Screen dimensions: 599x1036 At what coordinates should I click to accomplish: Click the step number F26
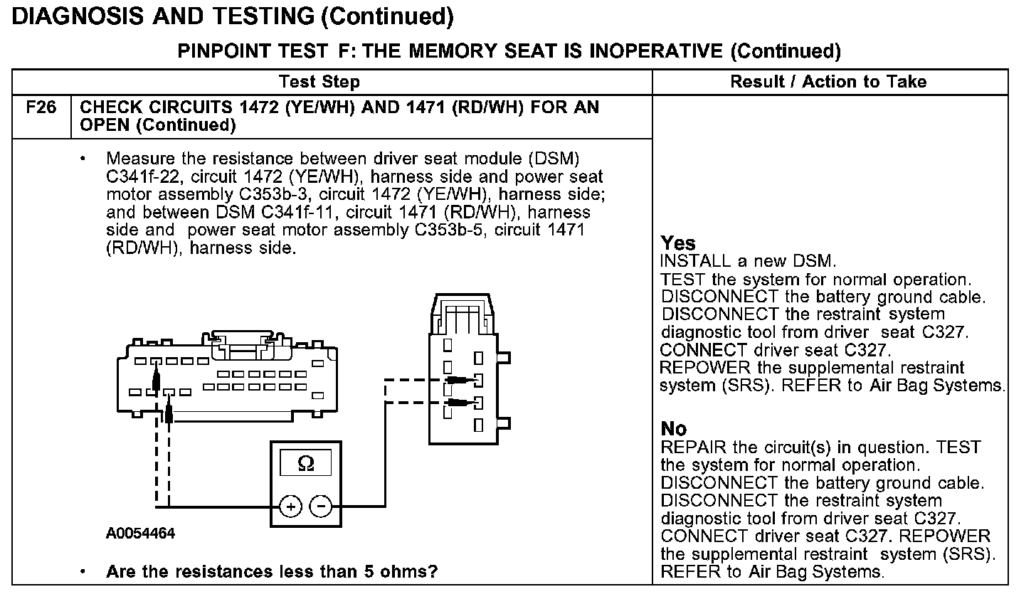pos(41,108)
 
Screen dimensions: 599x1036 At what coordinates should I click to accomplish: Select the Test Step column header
pos(319,82)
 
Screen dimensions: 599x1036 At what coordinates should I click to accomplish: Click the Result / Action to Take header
pos(828,82)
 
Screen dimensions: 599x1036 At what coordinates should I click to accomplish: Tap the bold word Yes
pos(677,243)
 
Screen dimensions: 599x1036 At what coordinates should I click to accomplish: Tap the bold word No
pos(673,428)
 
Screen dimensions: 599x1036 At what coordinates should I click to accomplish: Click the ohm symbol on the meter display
pos(306,463)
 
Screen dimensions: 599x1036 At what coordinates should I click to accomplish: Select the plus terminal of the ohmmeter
pos(290,506)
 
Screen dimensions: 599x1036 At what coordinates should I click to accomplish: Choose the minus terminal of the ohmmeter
pos(322,506)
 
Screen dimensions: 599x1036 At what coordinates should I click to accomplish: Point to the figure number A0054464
pos(140,534)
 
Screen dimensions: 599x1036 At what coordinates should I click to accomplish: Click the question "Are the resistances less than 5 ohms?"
pos(271,571)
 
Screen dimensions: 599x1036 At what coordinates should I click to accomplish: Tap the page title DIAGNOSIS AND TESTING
pos(163,16)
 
